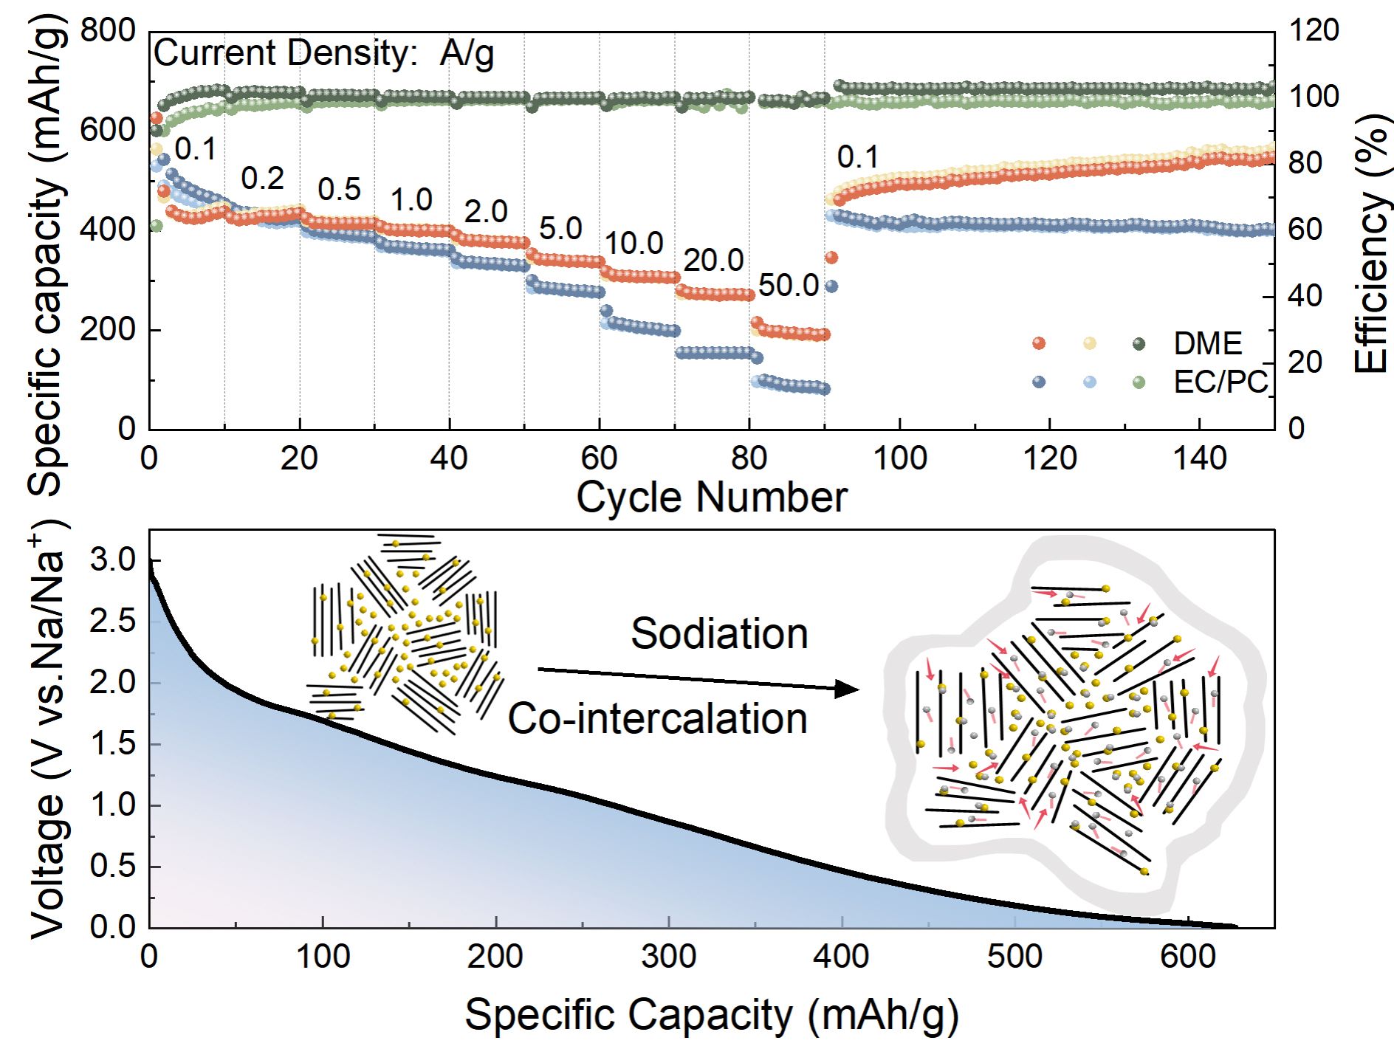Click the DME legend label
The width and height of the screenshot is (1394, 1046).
coord(1208,344)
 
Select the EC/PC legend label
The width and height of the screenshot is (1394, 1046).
coord(1220,382)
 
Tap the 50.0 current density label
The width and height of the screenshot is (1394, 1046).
coord(789,286)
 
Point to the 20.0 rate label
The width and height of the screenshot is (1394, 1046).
coord(713,261)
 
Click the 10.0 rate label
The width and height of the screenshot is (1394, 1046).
coord(634,243)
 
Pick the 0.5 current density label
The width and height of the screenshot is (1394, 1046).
coord(339,190)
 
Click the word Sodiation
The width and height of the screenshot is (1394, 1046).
coord(719,634)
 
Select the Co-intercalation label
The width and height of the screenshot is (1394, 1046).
coord(657,719)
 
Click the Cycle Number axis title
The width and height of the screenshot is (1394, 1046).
coord(711,498)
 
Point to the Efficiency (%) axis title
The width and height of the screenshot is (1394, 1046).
coord(1372,244)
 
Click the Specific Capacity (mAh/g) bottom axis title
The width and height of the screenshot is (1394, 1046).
coord(711,1015)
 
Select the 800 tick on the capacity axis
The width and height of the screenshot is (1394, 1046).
coord(108,31)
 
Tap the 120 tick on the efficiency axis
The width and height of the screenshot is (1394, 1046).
coord(1314,31)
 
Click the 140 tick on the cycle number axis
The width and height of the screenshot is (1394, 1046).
coord(1200,459)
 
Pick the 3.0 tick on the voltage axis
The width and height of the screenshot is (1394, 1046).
coord(113,560)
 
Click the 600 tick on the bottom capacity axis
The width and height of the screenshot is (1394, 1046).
coord(1187,957)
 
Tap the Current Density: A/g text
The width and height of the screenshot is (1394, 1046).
coord(323,53)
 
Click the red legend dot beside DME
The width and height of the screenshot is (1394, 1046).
coord(1039,343)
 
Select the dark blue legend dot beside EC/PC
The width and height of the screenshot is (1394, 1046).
coord(1039,382)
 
